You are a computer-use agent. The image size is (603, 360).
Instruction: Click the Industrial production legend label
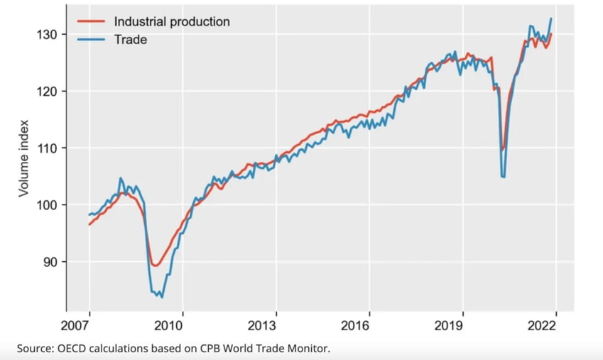tap(172, 21)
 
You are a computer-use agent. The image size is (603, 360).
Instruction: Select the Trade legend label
tap(131, 40)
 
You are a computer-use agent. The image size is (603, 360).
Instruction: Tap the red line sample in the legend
tap(91, 21)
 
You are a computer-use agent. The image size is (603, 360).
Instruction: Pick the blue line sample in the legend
tap(91, 40)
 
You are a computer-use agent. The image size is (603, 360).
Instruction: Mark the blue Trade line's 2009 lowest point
tap(162, 297)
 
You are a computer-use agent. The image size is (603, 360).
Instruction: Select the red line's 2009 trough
tap(156, 266)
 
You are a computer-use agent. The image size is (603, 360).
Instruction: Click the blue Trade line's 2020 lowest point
tap(504, 177)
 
